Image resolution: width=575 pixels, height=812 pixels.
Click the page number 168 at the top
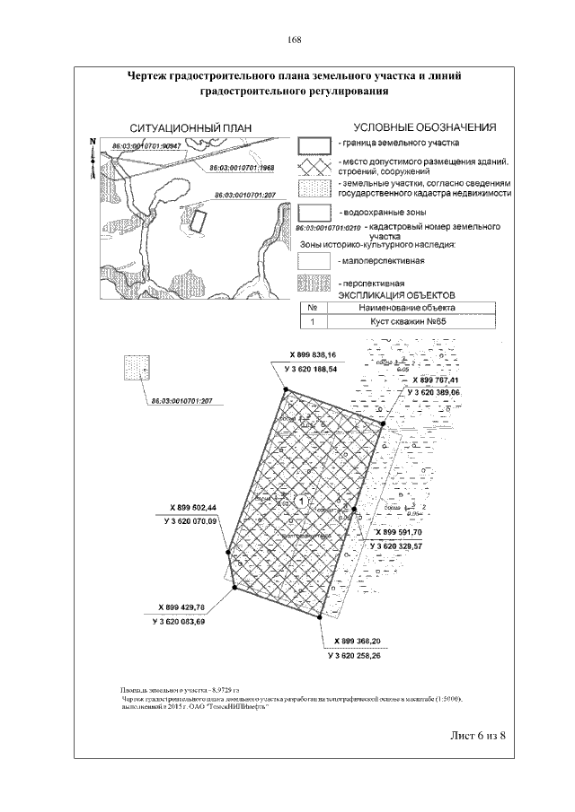pyautogui.click(x=294, y=39)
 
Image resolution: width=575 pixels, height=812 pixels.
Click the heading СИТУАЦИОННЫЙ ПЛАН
pyautogui.click(x=190, y=127)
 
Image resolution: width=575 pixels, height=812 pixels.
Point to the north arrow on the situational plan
pyautogui.click(x=92, y=152)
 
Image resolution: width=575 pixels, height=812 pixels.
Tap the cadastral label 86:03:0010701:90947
pyautogui.click(x=147, y=145)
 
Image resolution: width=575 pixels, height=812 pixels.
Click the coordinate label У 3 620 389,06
pyautogui.click(x=433, y=393)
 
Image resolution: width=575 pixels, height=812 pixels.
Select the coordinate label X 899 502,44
pyautogui.click(x=192, y=507)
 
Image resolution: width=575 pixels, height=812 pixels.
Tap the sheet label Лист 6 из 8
pyautogui.click(x=473, y=736)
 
